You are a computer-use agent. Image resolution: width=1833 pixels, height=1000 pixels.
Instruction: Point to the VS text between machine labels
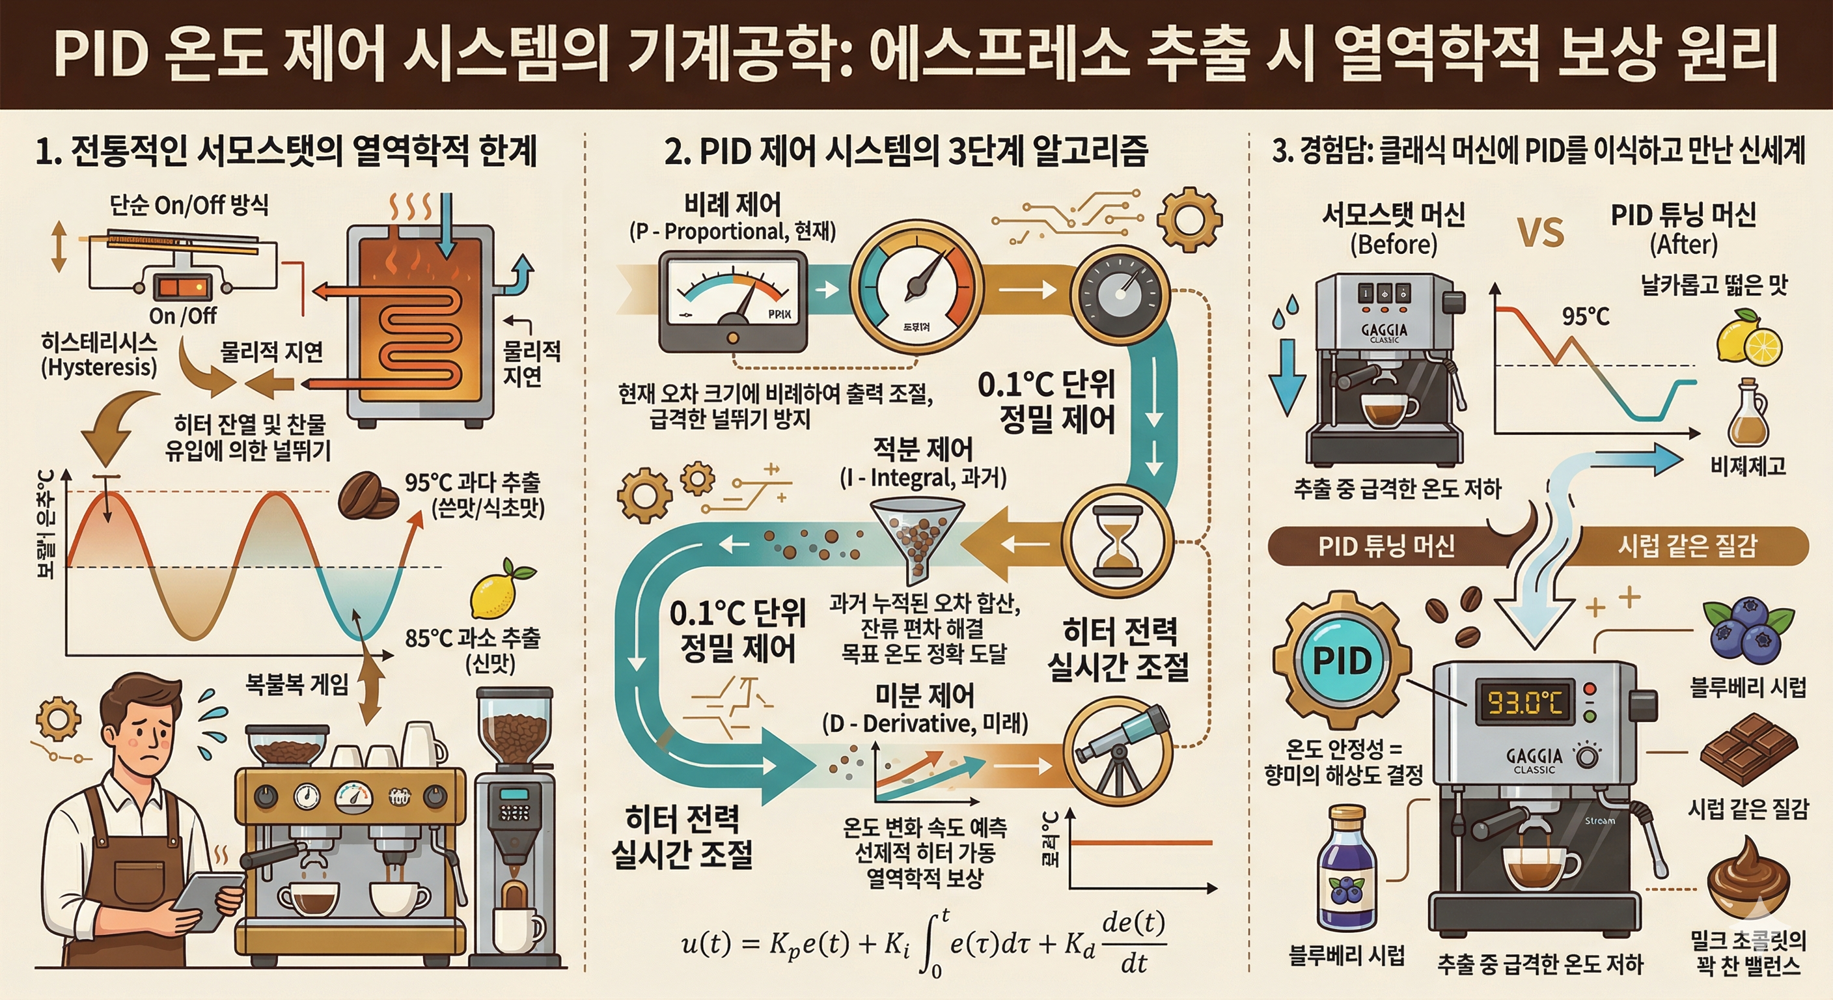(1541, 232)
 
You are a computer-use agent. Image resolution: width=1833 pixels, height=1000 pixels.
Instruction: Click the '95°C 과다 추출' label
(472, 482)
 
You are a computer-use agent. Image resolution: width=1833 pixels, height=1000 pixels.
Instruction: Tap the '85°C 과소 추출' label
(472, 638)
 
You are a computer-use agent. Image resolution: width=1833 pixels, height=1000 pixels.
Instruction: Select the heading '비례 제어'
(732, 205)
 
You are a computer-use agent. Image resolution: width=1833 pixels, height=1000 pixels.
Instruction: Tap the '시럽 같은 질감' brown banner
(1687, 546)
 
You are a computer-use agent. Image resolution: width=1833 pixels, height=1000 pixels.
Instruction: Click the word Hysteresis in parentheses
(99, 367)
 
